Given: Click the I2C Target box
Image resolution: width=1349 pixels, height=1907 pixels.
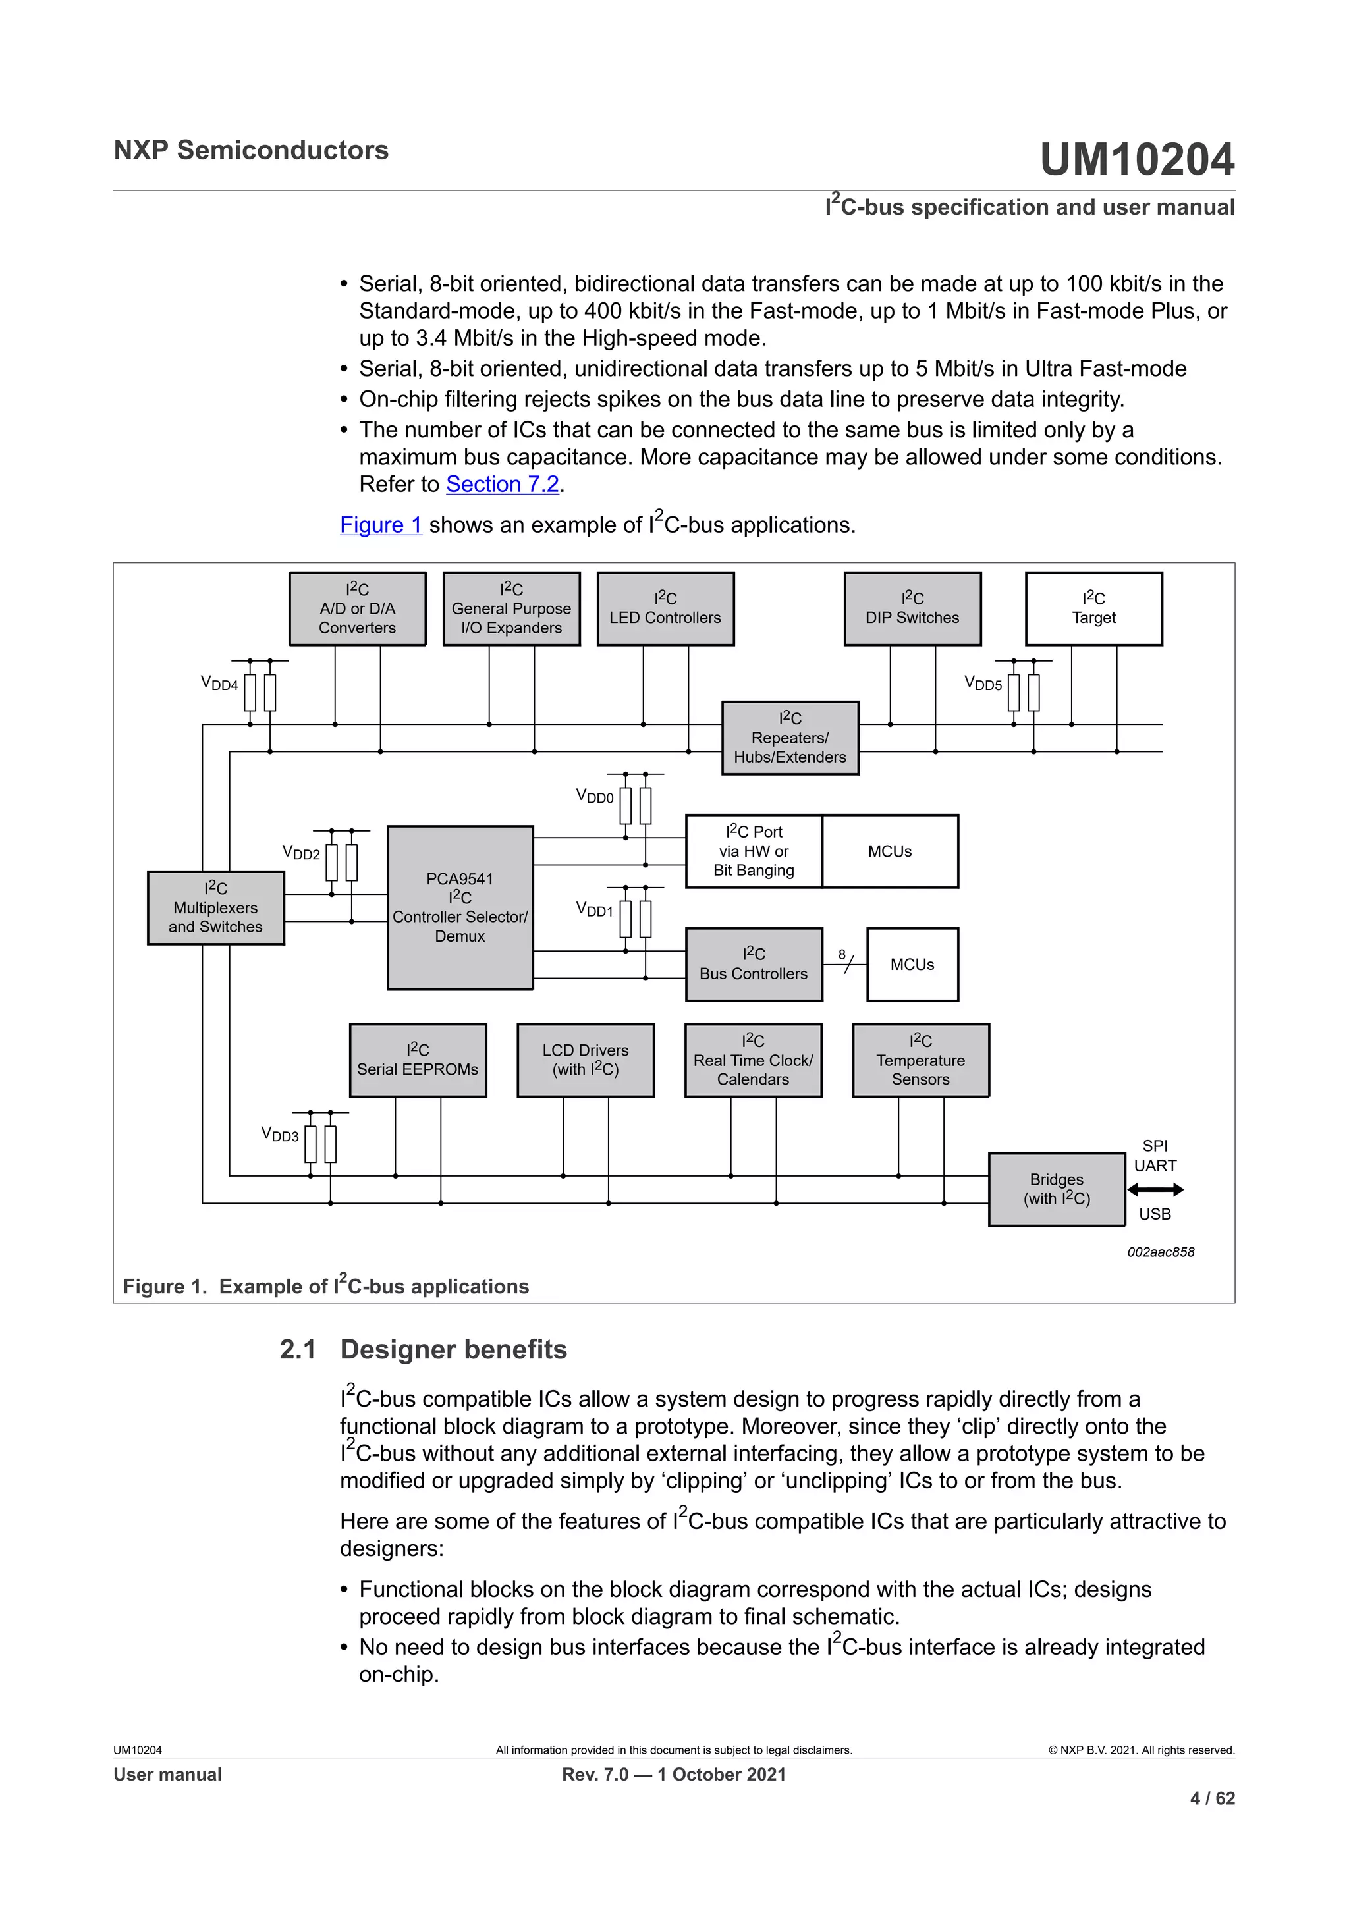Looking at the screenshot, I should [1093, 609].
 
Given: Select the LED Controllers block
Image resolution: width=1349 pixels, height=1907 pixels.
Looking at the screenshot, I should [665, 609].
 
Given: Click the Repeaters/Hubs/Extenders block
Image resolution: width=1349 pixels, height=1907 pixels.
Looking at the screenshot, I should [789, 738].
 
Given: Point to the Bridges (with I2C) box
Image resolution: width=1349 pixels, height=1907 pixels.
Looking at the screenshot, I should [1056, 1189].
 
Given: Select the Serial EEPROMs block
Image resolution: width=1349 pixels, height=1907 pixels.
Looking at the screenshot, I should [417, 1060].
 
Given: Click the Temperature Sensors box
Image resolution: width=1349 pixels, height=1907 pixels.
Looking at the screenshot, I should [920, 1060].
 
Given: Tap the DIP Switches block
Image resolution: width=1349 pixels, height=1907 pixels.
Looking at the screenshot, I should [912, 609].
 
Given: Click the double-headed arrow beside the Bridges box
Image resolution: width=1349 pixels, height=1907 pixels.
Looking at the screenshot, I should [1155, 1189].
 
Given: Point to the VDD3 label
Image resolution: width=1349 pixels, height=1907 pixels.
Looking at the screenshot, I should [279, 1135].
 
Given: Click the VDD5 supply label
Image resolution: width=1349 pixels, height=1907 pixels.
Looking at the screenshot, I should [983, 684].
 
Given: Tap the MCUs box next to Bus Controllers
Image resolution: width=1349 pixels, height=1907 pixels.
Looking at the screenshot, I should [912, 964].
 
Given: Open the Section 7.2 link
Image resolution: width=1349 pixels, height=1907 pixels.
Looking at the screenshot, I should [502, 484].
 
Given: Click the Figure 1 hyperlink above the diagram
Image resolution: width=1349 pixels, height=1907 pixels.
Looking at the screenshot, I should [381, 525].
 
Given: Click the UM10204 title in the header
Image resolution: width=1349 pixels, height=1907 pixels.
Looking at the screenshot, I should [1136, 159].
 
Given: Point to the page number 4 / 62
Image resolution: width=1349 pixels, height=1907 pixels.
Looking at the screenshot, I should [1212, 1798].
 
